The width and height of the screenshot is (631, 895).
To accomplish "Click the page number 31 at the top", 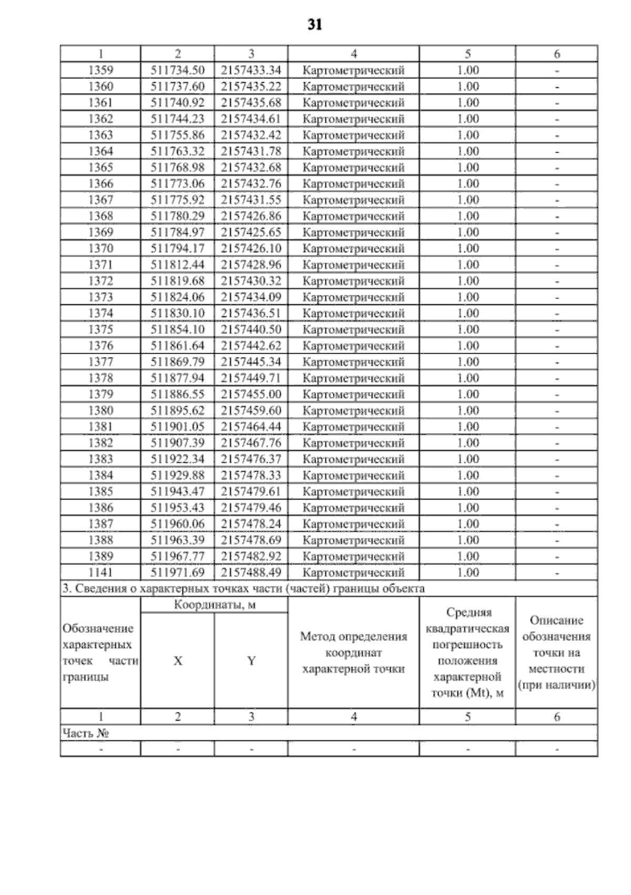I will point(314,25).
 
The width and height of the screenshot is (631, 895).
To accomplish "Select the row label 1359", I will point(100,70).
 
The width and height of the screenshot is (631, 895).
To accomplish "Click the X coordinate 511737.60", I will point(178,86).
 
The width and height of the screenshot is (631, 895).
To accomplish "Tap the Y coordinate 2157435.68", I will point(251,103).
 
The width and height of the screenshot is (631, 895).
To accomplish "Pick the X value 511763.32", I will point(178,151).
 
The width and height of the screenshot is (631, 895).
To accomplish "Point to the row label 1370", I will point(100,248).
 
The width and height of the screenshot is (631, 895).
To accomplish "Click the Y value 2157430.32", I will point(251,281).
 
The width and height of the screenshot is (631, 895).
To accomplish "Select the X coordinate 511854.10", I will point(178,330).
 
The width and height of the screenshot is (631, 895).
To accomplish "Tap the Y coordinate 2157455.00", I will point(251,394).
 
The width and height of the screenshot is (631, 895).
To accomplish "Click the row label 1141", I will point(100,572).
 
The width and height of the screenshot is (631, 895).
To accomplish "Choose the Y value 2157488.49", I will point(251,572).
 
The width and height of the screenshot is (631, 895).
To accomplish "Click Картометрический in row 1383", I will point(354,459).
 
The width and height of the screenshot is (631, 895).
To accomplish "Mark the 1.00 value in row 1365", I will point(467,167).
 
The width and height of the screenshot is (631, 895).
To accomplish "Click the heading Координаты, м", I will point(215,605).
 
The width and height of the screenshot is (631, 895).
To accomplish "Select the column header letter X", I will point(178,661).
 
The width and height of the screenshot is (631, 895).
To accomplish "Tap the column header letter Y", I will point(251,661).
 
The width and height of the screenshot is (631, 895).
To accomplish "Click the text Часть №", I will point(86,733).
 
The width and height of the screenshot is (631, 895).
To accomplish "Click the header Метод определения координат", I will point(354,645).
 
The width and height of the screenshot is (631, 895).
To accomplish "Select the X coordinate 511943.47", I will point(178,492).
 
